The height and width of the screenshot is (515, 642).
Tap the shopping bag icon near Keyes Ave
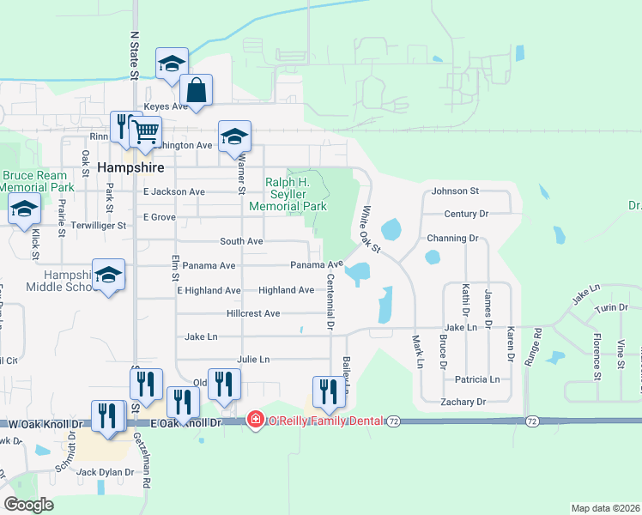[x=197, y=91]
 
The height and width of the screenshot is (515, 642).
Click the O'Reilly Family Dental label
[x=325, y=421]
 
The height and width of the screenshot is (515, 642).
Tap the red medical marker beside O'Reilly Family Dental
[x=255, y=421]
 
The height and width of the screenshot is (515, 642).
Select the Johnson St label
[x=455, y=191]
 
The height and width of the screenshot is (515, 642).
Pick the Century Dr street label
[x=466, y=214]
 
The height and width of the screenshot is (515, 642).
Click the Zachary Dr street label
[x=460, y=402]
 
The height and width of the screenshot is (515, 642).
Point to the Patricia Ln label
[x=477, y=379]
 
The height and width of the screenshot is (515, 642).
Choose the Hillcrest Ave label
[x=253, y=314]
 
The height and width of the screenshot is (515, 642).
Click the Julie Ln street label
[x=252, y=359]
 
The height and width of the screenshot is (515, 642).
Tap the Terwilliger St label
[x=99, y=226]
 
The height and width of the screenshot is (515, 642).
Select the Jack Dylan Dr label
[x=106, y=472]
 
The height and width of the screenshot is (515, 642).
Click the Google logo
[x=28, y=505]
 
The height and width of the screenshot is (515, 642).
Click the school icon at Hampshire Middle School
[x=109, y=275]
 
